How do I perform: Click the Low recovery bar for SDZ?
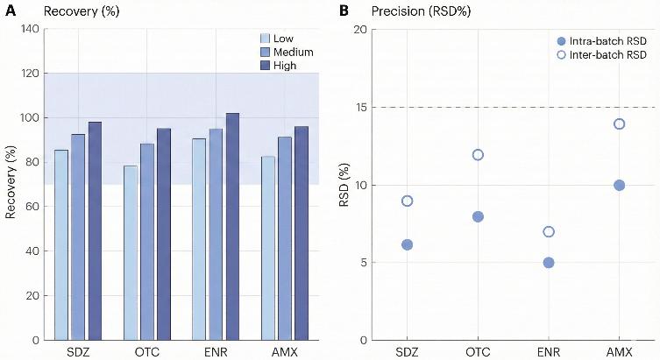click(61, 244)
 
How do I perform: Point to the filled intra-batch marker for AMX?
click(620, 185)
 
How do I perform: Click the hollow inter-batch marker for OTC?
click(478, 155)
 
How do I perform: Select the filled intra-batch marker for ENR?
click(549, 263)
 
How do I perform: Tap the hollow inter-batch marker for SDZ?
click(407, 201)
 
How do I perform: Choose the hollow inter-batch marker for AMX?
click(620, 124)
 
